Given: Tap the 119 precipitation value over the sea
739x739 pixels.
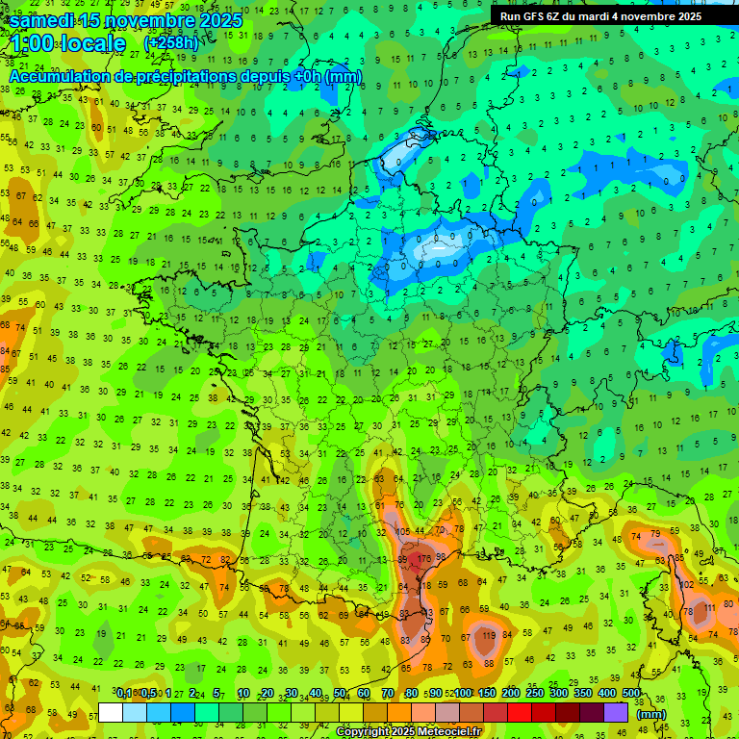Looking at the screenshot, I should tap(489, 635).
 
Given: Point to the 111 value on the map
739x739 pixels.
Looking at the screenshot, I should tap(710, 608).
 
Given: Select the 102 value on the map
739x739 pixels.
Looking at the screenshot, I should tap(687, 584).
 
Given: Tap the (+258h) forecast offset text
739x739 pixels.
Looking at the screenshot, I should tap(171, 43).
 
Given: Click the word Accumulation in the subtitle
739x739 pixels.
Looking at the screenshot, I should tap(67, 76).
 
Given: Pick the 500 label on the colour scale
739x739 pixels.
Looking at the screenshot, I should tap(631, 694).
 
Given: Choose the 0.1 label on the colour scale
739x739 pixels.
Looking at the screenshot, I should tap(124, 694).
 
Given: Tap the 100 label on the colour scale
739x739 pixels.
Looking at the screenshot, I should tap(463, 694).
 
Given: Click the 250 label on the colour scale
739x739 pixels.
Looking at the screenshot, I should tap(535, 694).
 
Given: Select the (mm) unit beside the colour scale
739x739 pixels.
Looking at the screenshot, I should tap(651, 714).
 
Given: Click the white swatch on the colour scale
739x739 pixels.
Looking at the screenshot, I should tap(110, 712).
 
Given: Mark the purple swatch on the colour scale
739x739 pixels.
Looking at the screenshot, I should tap(617, 712).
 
